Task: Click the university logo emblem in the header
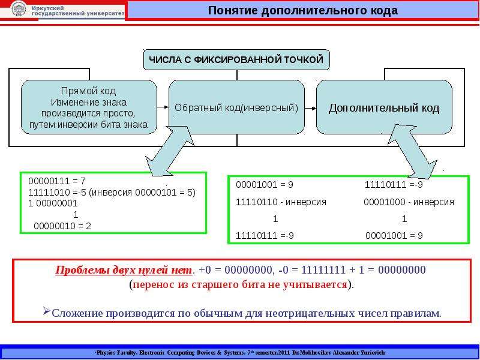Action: (x=19, y=10)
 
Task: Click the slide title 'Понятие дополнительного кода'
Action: (x=303, y=10)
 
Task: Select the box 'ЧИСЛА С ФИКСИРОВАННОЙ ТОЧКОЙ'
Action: (x=236, y=59)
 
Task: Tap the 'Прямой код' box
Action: (x=89, y=107)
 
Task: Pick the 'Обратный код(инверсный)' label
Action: (x=236, y=108)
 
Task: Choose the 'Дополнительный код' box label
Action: (x=384, y=109)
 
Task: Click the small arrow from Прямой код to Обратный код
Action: (x=163, y=107)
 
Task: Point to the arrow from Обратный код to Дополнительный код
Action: (x=310, y=109)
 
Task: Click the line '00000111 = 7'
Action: (x=57, y=181)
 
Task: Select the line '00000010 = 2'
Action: (x=62, y=226)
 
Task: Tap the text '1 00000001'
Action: (x=53, y=203)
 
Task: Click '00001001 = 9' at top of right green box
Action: (x=265, y=185)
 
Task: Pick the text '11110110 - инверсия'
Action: (x=281, y=202)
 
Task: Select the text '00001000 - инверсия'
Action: (x=409, y=202)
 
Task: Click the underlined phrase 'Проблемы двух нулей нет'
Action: (x=124, y=270)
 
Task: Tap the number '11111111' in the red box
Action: (x=323, y=270)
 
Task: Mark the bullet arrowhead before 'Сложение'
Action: (x=47, y=311)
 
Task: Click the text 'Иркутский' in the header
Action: (x=48, y=8)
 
